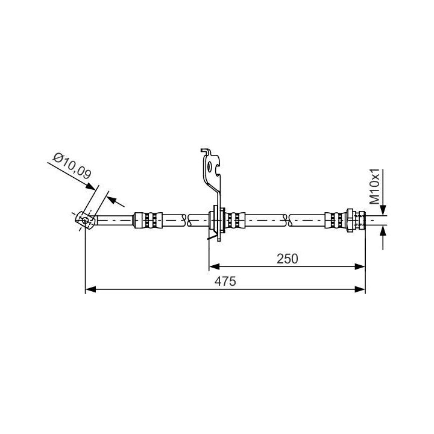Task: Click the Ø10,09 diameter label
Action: click(72, 166)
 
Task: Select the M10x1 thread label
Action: click(375, 186)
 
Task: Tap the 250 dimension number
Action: click(288, 259)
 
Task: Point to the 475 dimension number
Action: click(225, 281)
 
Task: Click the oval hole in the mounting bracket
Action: click(210, 166)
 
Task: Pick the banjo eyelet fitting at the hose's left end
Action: click(85, 221)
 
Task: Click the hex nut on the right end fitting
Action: click(350, 221)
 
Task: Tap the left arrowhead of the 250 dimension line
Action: click(214, 266)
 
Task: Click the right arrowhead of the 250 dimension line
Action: click(360, 266)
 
